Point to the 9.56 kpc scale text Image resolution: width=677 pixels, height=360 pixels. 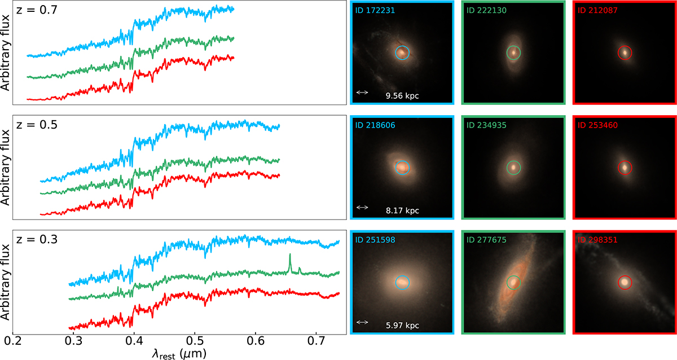pos(402,96)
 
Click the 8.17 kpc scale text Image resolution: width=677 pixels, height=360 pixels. pos(402,211)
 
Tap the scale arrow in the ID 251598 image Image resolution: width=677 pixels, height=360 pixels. pos(362,322)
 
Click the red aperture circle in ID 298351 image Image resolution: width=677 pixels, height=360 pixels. pos(625,282)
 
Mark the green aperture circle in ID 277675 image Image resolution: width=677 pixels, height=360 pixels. pos(513,282)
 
